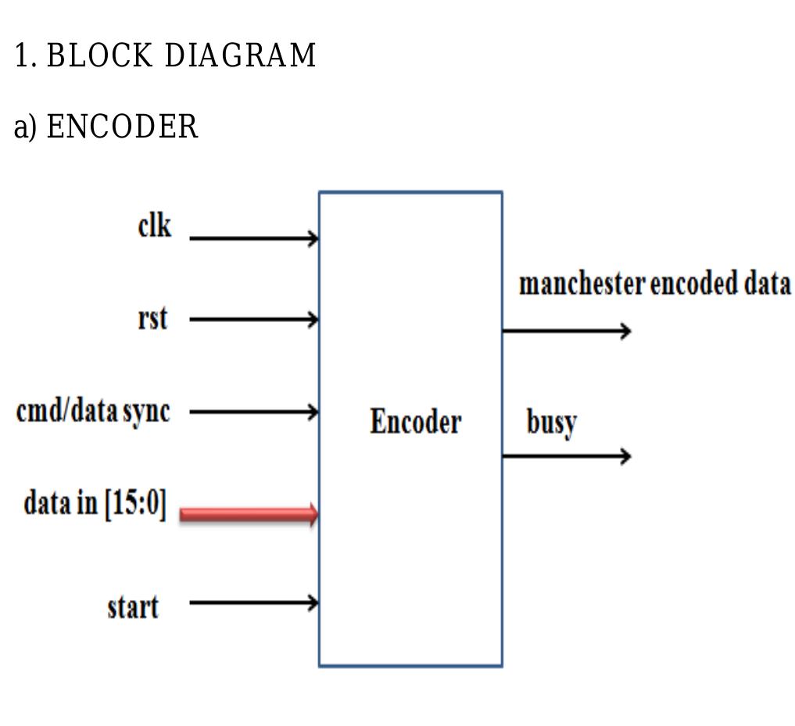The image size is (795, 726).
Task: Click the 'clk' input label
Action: [154, 226]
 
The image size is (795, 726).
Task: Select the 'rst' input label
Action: [152, 319]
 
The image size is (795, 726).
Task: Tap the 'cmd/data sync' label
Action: [92, 411]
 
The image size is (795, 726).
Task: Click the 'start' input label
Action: [133, 606]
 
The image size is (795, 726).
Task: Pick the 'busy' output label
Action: [551, 424]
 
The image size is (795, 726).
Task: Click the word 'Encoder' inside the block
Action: [415, 422]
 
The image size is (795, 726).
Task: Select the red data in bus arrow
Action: [249, 514]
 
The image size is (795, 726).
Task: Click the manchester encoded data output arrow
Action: [565, 331]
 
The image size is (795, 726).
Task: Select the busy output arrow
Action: [565, 456]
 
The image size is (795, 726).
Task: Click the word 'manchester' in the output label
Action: [582, 284]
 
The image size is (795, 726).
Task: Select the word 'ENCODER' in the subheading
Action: [123, 127]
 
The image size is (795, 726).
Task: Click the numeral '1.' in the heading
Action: [26, 56]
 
